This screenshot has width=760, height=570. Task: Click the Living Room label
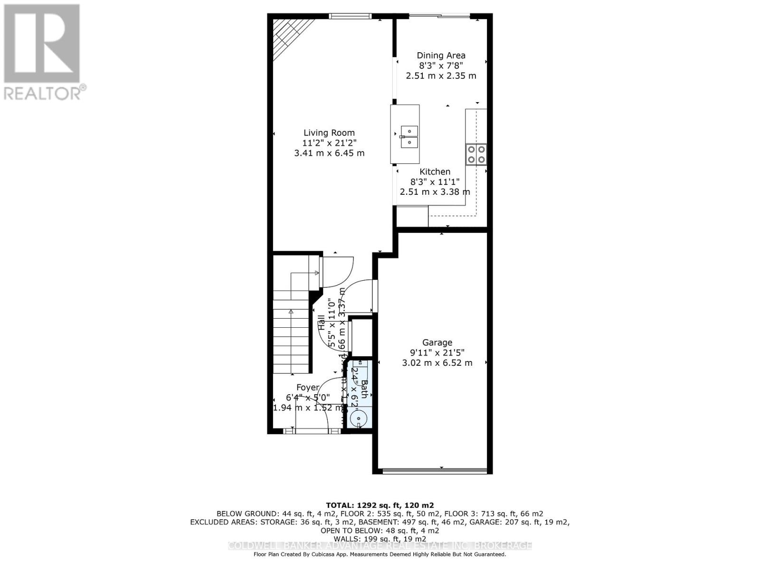coord(329,133)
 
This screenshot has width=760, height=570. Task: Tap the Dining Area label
coord(441,56)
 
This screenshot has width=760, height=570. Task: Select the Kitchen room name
coord(435,172)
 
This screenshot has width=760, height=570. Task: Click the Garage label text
coord(437,342)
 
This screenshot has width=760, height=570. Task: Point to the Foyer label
coord(307,388)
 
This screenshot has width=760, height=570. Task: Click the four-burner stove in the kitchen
coord(476,154)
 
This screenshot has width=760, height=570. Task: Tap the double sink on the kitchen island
coord(408,136)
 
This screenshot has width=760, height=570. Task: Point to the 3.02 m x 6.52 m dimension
coord(437,363)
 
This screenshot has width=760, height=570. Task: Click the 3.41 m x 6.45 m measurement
coord(329,153)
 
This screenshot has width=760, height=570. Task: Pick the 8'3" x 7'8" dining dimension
coord(441,66)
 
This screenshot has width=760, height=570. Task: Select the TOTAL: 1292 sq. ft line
coord(380,505)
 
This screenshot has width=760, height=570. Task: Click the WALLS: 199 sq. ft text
coord(380,539)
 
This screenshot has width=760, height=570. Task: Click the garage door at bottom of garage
coord(435,471)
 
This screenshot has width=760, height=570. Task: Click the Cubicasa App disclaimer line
coord(380,554)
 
